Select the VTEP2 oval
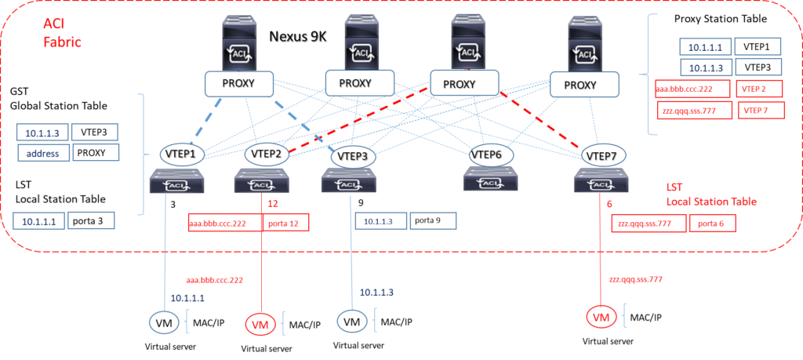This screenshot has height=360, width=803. point(267,154)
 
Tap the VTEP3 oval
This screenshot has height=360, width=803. point(354,156)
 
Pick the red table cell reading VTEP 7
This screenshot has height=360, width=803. point(758,111)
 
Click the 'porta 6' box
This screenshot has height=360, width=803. point(712,224)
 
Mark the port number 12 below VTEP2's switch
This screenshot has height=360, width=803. point(273,204)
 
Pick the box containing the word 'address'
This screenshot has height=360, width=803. point(44,152)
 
